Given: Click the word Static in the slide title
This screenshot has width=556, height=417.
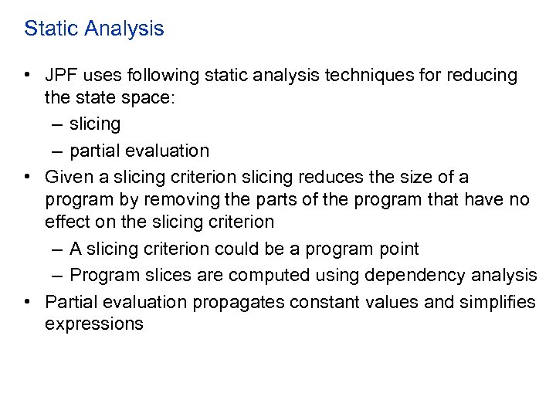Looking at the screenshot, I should click(x=50, y=29).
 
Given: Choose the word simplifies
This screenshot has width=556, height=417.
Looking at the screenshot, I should click(x=498, y=301).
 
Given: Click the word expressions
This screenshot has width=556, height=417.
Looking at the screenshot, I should click(x=94, y=324).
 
